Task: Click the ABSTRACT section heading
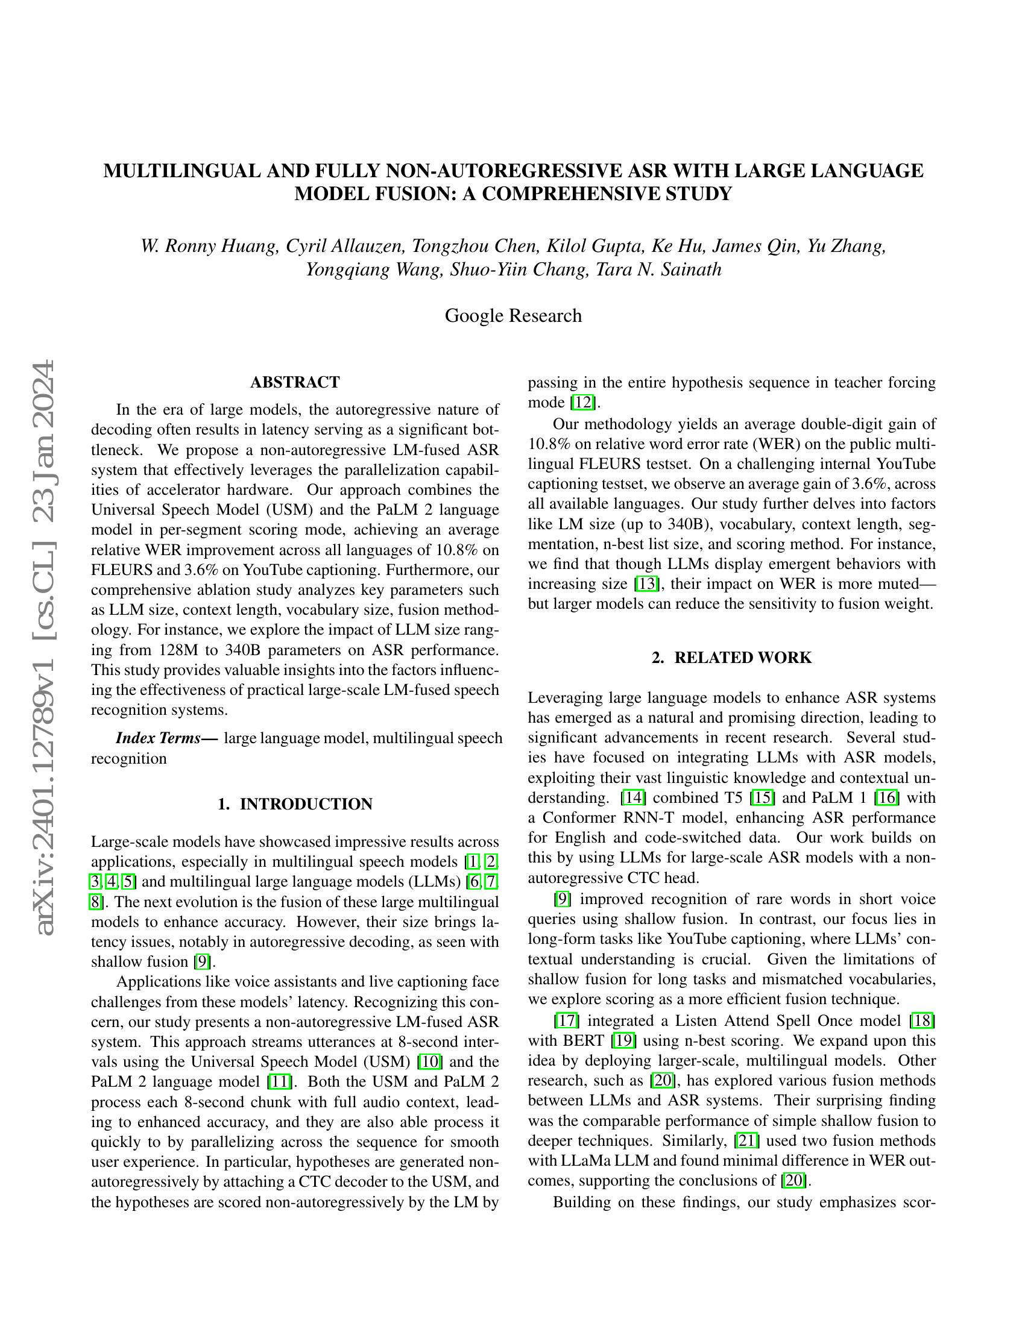pos(295,383)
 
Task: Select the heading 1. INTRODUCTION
pos(295,804)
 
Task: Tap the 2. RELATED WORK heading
pos(731,658)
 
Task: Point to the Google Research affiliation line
pos(513,316)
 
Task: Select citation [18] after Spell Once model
pos(922,1020)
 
